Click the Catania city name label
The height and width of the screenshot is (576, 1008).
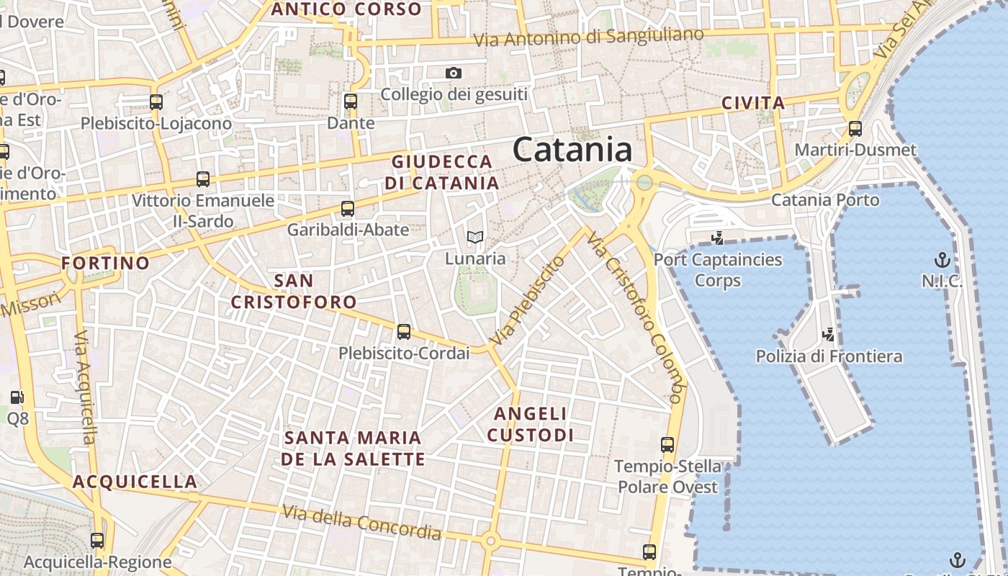pos(573,150)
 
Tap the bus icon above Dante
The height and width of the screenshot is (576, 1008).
pos(351,102)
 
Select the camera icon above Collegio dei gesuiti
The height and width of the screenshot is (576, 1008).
pos(454,73)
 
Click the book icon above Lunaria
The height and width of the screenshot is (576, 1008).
pos(474,237)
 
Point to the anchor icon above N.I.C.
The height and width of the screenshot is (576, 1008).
pos(942,260)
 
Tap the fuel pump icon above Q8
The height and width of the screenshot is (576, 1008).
pos(17,397)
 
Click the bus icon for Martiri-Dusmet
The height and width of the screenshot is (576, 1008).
pos(855,129)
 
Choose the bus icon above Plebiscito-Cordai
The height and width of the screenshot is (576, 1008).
pos(404,332)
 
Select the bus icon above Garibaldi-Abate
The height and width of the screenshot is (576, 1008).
pos(348,209)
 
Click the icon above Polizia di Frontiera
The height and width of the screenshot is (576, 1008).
pos(829,334)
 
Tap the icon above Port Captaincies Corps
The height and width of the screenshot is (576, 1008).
pos(717,238)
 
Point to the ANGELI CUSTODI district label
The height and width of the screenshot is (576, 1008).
pos(531,424)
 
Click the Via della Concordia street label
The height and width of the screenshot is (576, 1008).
pos(361,522)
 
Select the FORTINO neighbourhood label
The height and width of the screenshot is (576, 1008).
pos(105,263)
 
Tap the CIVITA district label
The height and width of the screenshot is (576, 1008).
pos(752,103)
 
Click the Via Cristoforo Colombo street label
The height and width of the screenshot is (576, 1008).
pos(634,317)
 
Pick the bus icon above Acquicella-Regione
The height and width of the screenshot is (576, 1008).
pos(97,540)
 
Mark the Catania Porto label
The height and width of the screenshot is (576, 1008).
pos(825,199)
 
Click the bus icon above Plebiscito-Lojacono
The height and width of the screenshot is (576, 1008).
pos(156,102)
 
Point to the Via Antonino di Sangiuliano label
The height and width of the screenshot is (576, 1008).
pos(588,37)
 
